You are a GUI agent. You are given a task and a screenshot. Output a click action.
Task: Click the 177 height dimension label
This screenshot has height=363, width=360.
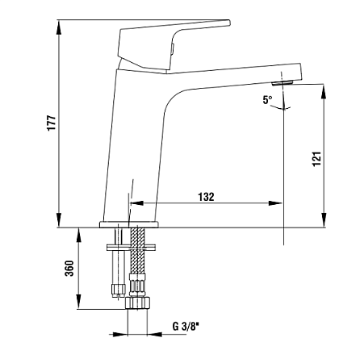(x=52, y=123)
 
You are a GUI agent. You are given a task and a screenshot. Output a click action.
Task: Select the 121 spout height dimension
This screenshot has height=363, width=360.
(x=317, y=159)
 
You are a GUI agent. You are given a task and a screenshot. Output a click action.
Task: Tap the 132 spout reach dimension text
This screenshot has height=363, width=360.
(x=207, y=197)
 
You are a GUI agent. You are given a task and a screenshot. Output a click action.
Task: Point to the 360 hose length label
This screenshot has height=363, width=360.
(x=69, y=268)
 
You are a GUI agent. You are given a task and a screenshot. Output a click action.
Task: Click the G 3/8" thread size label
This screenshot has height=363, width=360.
(x=186, y=327)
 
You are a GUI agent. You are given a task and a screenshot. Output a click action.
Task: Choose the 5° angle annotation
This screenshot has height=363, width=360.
(x=267, y=100)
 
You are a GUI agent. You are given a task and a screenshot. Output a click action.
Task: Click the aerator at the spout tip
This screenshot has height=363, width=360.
(x=283, y=83)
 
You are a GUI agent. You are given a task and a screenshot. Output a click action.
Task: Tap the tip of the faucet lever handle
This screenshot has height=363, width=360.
(x=229, y=23)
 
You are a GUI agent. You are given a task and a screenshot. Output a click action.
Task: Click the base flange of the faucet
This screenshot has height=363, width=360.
(x=129, y=224)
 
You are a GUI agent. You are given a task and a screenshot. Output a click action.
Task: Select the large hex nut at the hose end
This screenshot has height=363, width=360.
(x=137, y=302)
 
